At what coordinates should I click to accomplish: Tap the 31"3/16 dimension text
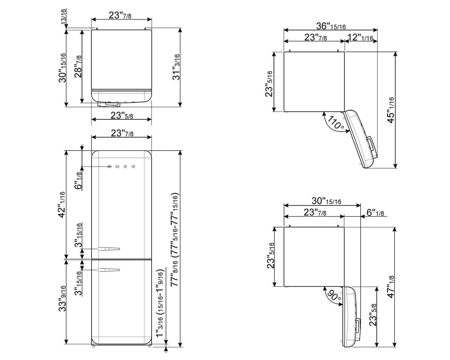pos(175,67)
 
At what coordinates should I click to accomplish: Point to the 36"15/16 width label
pos(331,26)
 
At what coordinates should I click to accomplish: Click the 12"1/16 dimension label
pos(360,37)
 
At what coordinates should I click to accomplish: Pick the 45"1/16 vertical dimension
pos(391,110)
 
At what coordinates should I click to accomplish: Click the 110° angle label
pos(335,122)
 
